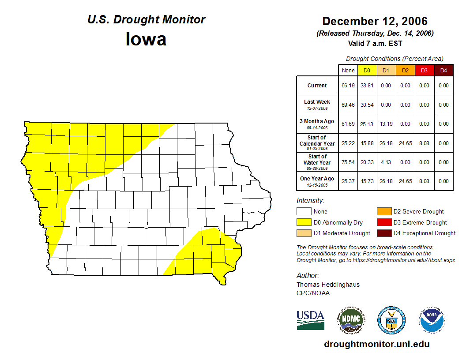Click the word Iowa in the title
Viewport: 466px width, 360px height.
(146, 39)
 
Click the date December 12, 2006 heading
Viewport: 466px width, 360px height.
(375, 21)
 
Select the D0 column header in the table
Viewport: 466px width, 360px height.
(367, 71)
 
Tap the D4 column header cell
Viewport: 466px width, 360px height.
(443, 71)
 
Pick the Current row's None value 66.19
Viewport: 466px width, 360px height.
(348, 86)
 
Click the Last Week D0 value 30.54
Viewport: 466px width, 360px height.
(367, 105)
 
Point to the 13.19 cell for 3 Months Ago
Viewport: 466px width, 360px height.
(386, 124)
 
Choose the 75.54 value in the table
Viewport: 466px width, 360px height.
(348, 162)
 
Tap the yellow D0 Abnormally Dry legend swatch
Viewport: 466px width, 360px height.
(304, 222)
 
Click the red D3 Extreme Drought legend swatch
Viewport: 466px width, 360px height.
(384, 222)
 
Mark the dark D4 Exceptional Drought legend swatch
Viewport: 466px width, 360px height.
(384, 233)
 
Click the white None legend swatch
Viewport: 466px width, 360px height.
(304, 212)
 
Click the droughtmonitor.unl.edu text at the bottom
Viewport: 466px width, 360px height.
(376, 344)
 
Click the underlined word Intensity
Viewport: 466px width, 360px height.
(310, 201)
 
